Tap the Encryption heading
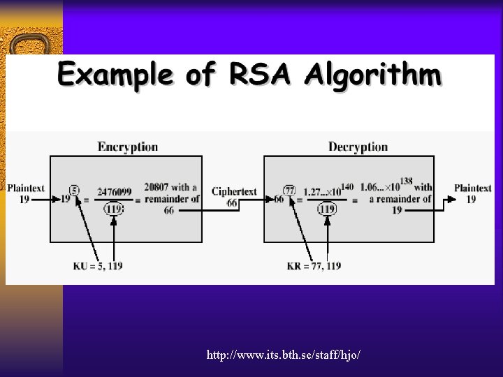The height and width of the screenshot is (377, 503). click(128, 147)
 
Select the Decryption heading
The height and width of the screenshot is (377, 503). click(358, 147)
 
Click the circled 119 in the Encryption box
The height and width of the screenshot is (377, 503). click(113, 208)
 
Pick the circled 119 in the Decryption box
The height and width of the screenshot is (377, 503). click(326, 208)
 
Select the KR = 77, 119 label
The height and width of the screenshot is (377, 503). click(314, 266)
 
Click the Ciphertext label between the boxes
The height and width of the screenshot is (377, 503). click(234, 191)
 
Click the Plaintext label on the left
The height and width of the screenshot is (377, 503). click(25, 188)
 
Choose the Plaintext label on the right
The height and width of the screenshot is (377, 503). click(472, 188)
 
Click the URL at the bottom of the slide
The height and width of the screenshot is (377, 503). click(283, 355)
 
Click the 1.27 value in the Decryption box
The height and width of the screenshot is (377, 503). click(321, 191)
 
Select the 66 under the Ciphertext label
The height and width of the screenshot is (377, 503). click(232, 202)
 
